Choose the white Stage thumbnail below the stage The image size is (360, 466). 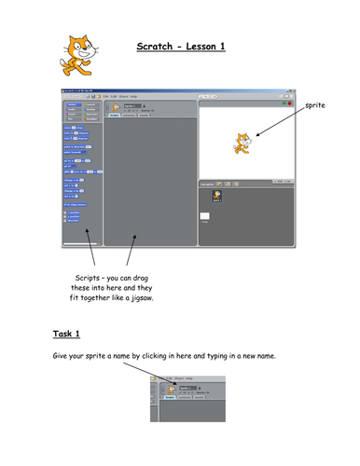[x=205, y=217]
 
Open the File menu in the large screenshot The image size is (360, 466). [x=107, y=95]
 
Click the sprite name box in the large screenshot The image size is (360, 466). [x=132, y=104]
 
